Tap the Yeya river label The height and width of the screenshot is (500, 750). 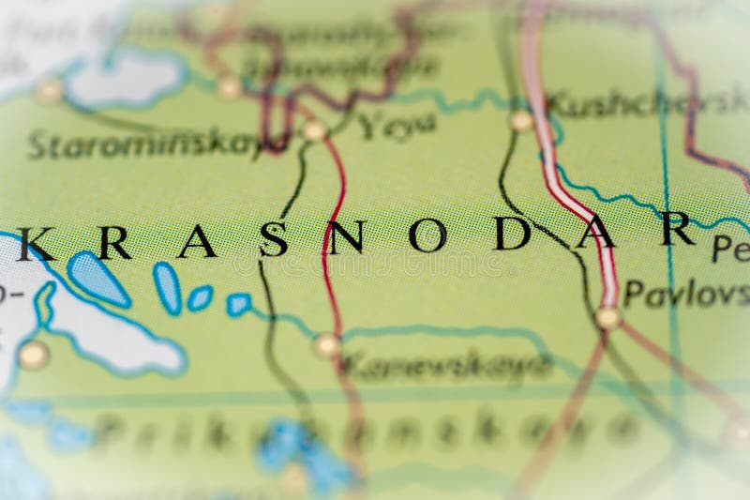[x=397, y=124]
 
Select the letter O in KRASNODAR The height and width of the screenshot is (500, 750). [x=427, y=235]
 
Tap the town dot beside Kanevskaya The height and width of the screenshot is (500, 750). [x=326, y=345]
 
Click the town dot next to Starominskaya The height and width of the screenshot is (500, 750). [x=314, y=130]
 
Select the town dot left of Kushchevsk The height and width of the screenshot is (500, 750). [x=521, y=120]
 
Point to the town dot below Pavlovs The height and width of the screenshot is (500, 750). [x=607, y=317]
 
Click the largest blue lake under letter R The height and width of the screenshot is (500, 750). [x=97, y=277]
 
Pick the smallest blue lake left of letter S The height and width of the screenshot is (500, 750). [x=238, y=304]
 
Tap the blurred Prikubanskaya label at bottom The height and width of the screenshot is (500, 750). [x=366, y=432]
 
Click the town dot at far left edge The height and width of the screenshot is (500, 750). [x=34, y=355]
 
